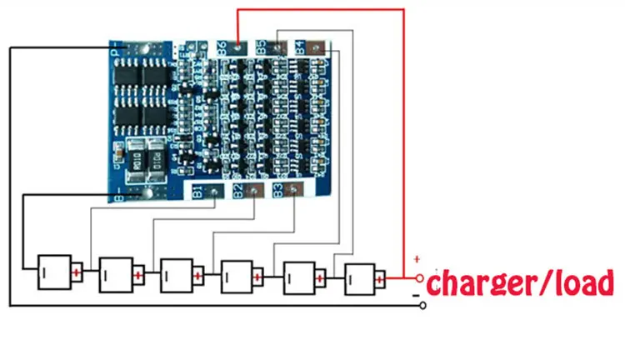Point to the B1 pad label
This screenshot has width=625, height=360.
(197, 192)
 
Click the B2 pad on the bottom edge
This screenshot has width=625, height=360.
(239, 192)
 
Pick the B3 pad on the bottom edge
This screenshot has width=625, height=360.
(278, 192)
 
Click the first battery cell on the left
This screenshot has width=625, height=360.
(51, 272)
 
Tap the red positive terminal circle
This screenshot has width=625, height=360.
(421, 278)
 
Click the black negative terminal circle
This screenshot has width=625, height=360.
(423, 306)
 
